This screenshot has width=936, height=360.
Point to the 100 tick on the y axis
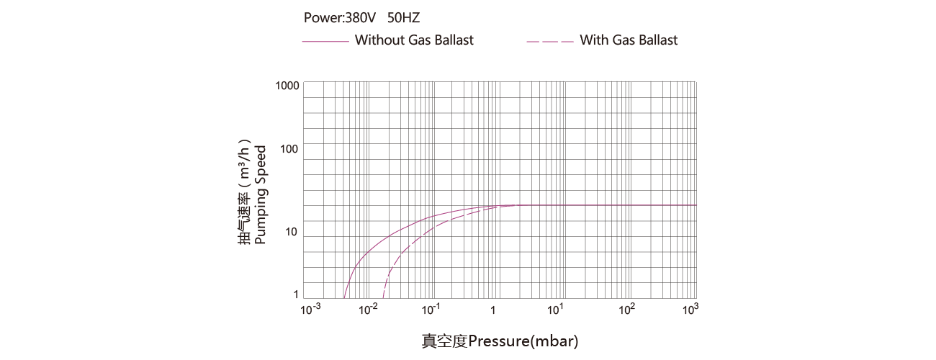click(289, 149)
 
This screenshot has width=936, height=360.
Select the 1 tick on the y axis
click(296, 294)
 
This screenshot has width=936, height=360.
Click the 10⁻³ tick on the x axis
click(310, 309)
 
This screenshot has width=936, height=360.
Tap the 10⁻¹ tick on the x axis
click(431, 309)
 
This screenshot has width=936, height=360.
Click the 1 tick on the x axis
click(493, 310)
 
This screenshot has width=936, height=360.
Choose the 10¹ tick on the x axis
click(555, 309)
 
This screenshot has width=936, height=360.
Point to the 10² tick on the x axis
click(628, 309)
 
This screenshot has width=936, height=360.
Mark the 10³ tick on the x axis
click(690, 309)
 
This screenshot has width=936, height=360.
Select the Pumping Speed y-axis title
click(261, 194)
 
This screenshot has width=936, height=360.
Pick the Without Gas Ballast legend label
click(414, 40)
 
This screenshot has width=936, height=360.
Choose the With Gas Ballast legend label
click(629, 40)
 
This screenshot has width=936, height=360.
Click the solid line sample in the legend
click(325, 42)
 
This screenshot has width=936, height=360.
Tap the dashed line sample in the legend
click(550, 42)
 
